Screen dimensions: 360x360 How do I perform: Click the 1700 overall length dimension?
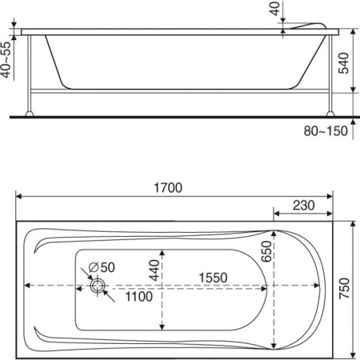click(169, 188)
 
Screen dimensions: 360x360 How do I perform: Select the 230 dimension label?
click(302, 205)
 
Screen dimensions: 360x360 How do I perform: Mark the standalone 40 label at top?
click(276, 10)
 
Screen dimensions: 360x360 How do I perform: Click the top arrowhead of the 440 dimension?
click(162, 250)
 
